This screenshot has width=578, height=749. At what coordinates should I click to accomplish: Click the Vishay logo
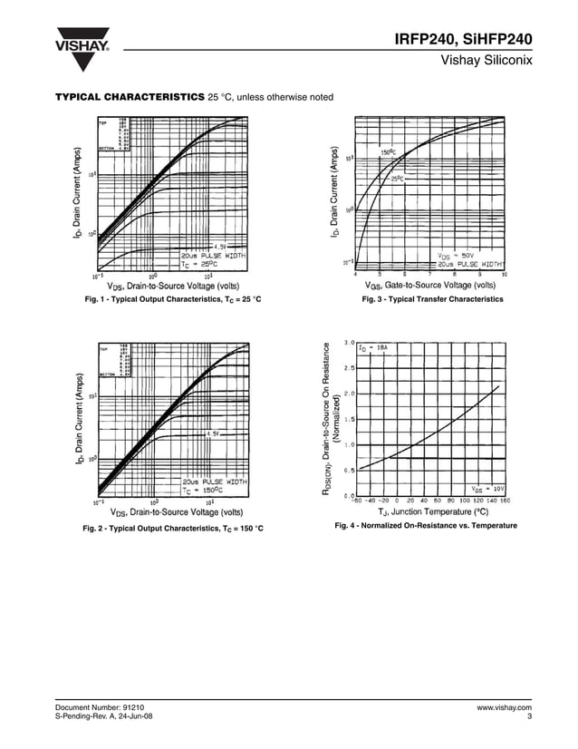82,50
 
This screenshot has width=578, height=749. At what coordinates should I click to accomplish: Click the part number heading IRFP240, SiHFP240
463,39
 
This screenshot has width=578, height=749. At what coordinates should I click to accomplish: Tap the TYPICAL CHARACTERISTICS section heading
130,97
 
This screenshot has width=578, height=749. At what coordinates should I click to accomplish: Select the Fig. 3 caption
432,299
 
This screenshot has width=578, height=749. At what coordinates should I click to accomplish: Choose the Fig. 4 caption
426,526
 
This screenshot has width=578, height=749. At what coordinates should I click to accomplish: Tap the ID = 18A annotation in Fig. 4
373,347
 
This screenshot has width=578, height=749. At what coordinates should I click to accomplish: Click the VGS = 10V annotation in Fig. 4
487,489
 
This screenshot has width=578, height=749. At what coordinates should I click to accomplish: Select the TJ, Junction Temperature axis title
433,512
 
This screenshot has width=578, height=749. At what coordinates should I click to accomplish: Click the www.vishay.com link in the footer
504,706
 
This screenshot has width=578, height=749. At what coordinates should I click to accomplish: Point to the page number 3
528,716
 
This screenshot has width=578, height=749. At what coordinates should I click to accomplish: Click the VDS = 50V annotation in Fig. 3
458,255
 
